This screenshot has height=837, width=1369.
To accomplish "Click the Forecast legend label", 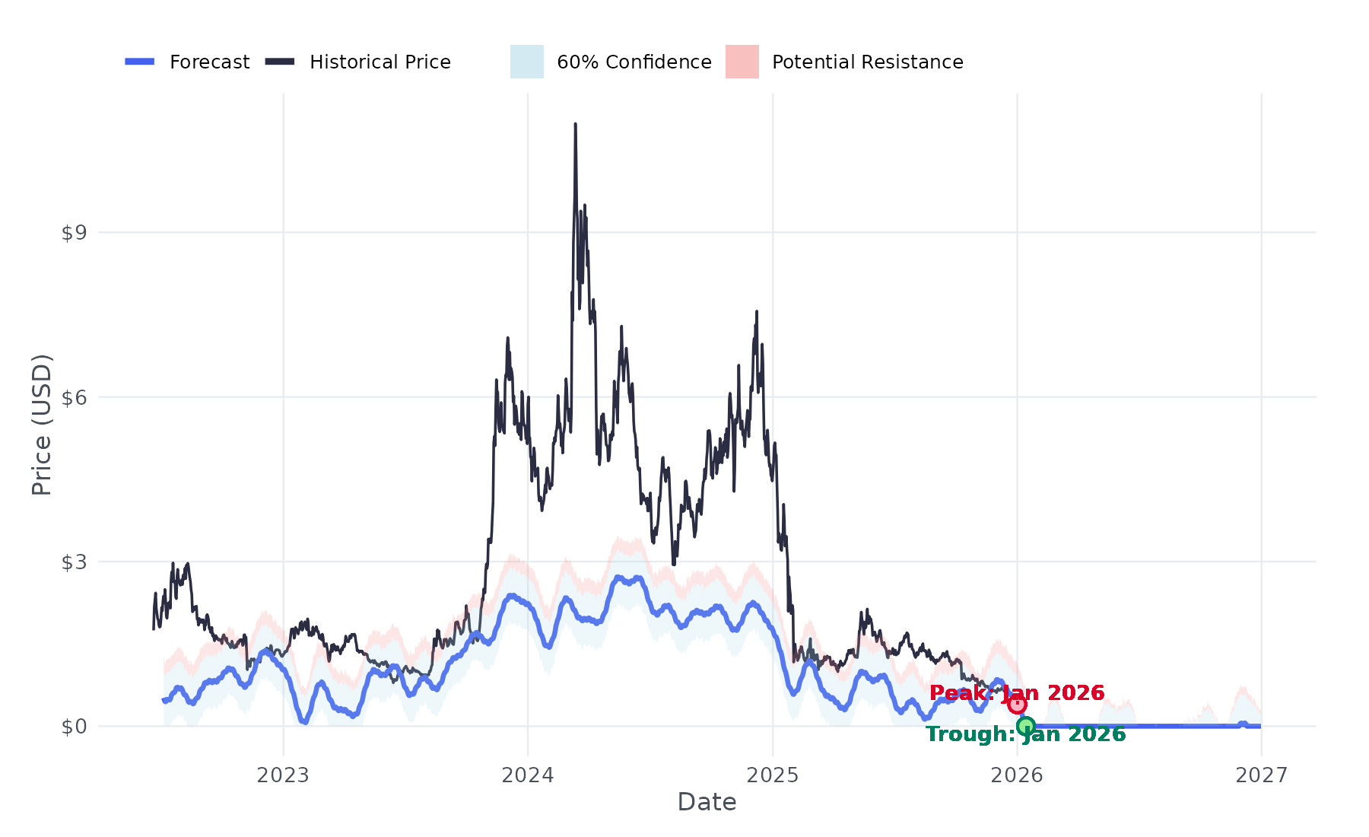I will point(209,62).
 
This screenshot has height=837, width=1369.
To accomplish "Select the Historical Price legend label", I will point(380,62).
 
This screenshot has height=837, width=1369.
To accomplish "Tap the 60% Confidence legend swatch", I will point(527,62).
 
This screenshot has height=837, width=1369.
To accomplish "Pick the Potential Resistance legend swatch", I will point(742,62).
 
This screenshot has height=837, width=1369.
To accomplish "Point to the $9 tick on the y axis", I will point(74,233).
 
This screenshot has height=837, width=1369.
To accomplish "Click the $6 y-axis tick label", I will point(74,397).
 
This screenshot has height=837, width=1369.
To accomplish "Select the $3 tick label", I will point(74,562).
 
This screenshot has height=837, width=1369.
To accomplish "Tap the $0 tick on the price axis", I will point(74,727).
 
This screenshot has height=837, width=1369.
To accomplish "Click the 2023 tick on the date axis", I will point(283,775).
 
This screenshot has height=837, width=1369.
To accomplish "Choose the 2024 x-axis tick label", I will point(528,775).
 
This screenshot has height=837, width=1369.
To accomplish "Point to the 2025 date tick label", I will point(773,775).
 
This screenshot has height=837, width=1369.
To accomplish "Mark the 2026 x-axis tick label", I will point(1018,775).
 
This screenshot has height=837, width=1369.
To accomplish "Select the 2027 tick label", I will point(1262,775).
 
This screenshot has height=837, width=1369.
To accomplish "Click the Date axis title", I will point(707,802).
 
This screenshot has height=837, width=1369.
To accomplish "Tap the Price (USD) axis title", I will point(42,425).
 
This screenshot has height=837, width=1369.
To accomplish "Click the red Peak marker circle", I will point(1018,704).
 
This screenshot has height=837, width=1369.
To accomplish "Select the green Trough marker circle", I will point(1026,726).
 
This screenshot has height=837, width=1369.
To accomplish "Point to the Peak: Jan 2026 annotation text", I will point(1017,693).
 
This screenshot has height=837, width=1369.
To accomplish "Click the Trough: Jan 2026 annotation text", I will point(1025,734).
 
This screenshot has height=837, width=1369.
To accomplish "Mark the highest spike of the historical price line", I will point(575,124).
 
